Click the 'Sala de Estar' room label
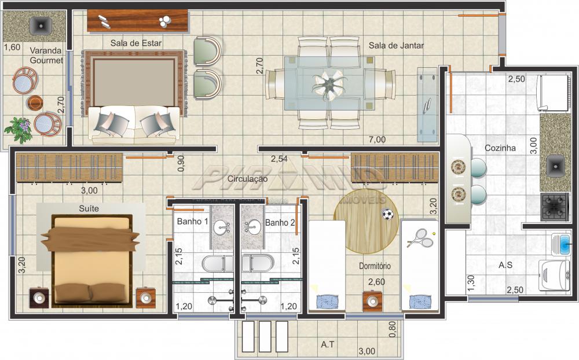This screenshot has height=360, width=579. (x=136, y=43)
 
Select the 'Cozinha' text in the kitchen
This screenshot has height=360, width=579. (x=500, y=148)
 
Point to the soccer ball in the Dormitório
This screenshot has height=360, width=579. (x=387, y=215)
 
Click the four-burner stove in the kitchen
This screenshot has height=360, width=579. (x=554, y=207)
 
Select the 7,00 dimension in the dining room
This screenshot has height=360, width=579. (x=376, y=139)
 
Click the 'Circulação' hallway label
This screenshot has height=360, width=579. (x=247, y=179)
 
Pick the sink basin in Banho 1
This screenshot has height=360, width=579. (x=221, y=227)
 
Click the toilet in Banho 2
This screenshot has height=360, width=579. (x=255, y=264)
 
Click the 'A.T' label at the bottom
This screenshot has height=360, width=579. (x=328, y=344)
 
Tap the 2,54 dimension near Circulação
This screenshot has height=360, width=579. (x=280, y=158)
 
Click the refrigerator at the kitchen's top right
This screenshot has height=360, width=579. (x=554, y=93)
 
